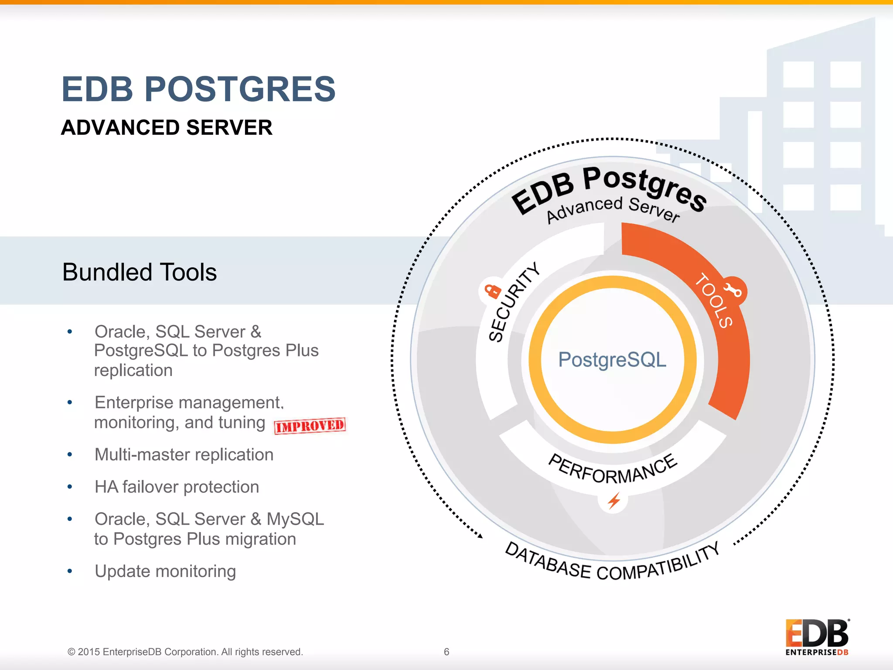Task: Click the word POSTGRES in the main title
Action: click(240, 89)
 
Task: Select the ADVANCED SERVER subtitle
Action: click(167, 128)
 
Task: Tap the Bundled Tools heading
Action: click(140, 272)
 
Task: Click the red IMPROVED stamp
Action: click(310, 426)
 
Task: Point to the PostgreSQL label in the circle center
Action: click(612, 360)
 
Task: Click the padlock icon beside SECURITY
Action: click(493, 291)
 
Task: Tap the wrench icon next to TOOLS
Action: click(733, 290)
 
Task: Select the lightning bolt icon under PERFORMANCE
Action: click(614, 501)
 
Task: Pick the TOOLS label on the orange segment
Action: click(713, 300)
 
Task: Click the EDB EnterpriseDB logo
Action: click(817, 637)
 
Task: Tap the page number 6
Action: click(446, 652)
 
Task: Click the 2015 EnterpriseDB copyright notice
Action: click(185, 652)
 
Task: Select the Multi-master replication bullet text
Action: click(184, 455)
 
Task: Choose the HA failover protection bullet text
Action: click(177, 487)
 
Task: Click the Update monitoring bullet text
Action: click(165, 571)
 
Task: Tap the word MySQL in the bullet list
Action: click(295, 519)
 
